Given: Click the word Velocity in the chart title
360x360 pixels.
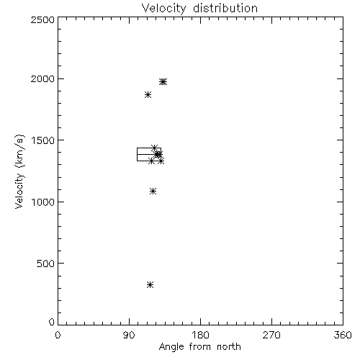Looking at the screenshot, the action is [x=163, y=9].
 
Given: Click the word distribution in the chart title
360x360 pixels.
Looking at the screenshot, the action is [x=225, y=8].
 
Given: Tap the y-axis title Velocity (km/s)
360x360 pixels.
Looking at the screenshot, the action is [x=19, y=171].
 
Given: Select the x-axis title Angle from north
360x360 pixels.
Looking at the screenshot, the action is [x=199, y=347].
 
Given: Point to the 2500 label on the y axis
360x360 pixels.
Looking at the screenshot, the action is [x=42, y=19].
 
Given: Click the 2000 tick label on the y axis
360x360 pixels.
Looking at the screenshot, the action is [x=42, y=78].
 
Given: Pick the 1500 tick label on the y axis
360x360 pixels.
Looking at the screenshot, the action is [x=43, y=140].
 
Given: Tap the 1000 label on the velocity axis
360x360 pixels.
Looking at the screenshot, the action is [x=43, y=202].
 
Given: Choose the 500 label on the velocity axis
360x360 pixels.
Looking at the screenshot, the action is [x=46, y=264].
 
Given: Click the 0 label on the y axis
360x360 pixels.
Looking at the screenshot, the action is [x=52, y=322].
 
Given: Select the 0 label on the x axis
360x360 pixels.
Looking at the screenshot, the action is [x=58, y=335].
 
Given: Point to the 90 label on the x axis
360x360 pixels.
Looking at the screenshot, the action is [x=129, y=335].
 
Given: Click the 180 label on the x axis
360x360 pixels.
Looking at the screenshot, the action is [x=200, y=335].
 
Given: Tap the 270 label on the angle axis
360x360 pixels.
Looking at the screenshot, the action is [x=271, y=335].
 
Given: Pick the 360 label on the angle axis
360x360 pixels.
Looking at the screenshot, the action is [x=343, y=335].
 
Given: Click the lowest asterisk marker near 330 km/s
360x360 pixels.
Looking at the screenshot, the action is [x=150, y=285].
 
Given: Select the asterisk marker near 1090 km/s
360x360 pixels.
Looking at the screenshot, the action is [x=153, y=192].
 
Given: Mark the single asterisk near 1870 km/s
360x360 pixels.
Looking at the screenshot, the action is [x=148, y=95].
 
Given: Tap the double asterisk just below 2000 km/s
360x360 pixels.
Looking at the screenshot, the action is [x=163, y=82].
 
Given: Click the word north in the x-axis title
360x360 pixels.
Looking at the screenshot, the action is [x=229, y=347].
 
